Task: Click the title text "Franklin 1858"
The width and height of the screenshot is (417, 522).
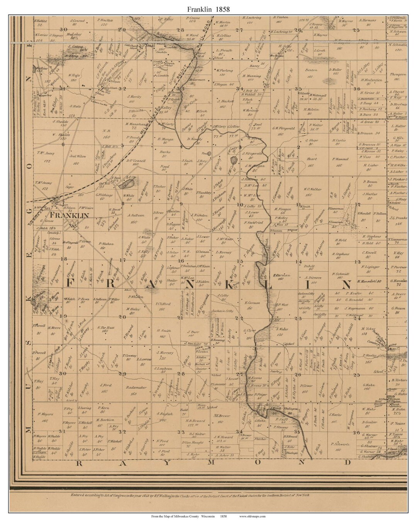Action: tap(208, 9)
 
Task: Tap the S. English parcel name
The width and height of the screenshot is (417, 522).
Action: tap(164, 413)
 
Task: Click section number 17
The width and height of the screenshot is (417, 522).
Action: tap(123, 260)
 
